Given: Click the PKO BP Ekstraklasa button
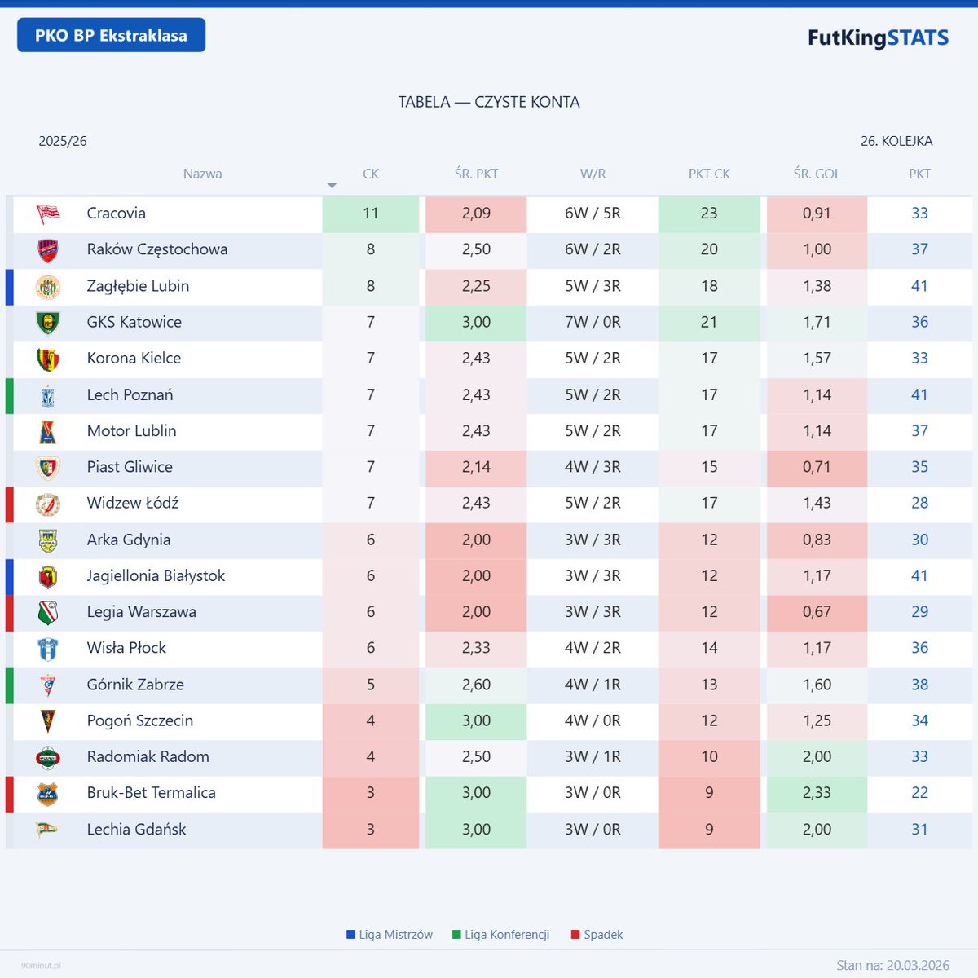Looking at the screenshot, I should (111, 36).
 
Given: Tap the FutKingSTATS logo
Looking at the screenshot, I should (878, 37).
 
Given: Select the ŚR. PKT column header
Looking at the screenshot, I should (476, 174).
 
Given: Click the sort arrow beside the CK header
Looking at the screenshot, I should (332, 186).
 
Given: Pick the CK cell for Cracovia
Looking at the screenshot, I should (371, 214).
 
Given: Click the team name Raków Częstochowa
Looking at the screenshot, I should (157, 249).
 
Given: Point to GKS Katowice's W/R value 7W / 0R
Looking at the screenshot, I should (593, 322).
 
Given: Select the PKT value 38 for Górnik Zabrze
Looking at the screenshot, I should (919, 685).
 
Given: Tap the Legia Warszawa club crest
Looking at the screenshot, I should (48, 612).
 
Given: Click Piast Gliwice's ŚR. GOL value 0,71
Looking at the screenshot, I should (817, 467).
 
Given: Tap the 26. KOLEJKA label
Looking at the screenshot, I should (896, 141).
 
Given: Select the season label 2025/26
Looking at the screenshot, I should (63, 141).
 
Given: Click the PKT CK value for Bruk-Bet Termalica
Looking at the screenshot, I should (709, 793).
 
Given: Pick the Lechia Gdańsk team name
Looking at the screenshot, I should (136, 830).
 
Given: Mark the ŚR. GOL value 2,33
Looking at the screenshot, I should (817, 793).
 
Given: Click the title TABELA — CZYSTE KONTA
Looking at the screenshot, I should (489, 102).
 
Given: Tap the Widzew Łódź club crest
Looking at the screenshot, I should (48, 504).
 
